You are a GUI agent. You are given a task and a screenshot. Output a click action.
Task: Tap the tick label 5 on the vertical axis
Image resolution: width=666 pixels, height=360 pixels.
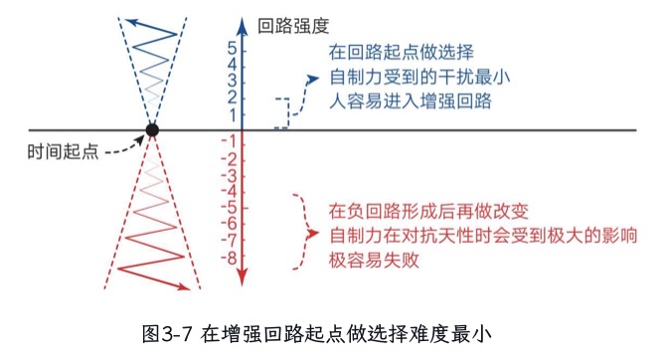tap(231, 48)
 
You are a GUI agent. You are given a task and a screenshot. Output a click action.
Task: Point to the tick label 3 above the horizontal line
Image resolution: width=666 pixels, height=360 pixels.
tap(231, 81)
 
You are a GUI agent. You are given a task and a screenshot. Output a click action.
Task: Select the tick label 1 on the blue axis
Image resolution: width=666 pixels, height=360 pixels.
tap(231, 114)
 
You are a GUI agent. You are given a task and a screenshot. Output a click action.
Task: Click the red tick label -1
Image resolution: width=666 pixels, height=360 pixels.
tap(228, 139)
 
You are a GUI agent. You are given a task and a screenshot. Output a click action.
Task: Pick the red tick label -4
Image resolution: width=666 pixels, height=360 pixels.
tap(228, 191)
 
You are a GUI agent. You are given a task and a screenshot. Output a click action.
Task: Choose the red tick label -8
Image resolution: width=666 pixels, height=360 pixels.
tap(228, 258)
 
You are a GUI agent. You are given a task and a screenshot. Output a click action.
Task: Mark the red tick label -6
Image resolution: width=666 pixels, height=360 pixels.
tap(228, 225)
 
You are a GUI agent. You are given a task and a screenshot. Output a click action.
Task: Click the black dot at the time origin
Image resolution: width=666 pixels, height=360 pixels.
tap(152, 129)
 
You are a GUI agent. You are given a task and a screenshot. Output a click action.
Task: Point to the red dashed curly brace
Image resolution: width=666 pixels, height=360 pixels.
tap(299, 232)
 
